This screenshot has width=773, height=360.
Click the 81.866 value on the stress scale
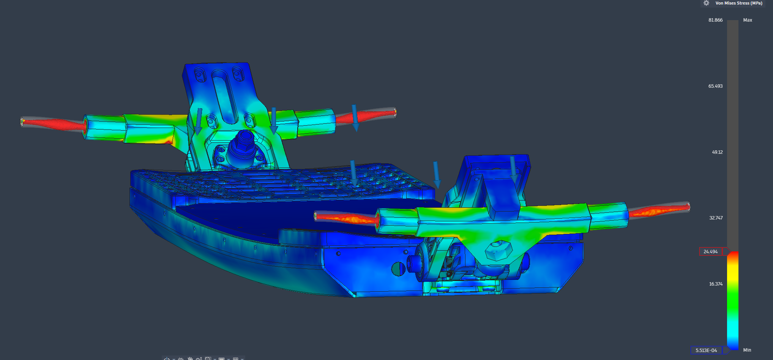715,20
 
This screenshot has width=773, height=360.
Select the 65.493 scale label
715,86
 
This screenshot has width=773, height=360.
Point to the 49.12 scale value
717,152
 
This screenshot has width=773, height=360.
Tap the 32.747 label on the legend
716,218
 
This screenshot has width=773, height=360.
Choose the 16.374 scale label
716,284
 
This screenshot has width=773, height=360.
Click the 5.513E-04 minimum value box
706,350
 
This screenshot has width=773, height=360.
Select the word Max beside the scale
748,20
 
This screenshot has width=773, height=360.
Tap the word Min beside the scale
747,350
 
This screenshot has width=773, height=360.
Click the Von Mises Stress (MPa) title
739,3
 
